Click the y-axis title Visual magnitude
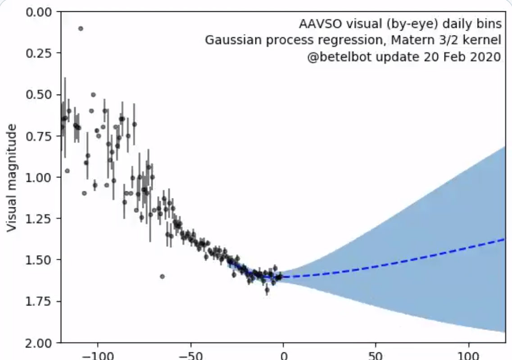[13, 178]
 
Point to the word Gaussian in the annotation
[227, 40]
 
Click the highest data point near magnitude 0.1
[81, 28]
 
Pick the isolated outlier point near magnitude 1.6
[162, 276]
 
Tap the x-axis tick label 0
[283, 355]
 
